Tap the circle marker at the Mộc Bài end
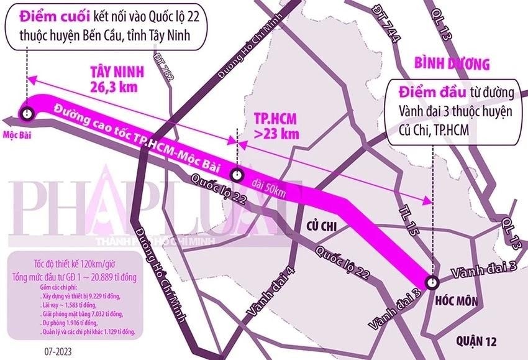26,113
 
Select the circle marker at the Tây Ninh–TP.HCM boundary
237,173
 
